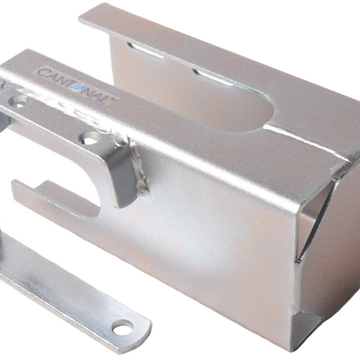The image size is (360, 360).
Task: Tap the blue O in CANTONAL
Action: (75, 87)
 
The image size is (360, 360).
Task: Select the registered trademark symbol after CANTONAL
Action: (113, 99)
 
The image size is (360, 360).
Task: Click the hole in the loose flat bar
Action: (123, 327)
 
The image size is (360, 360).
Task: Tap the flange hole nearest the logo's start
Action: (18, 100)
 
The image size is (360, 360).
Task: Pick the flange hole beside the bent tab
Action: (90, 137)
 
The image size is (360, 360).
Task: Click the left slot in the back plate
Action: (145, 50)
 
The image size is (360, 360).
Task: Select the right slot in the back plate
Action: (213, 77)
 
